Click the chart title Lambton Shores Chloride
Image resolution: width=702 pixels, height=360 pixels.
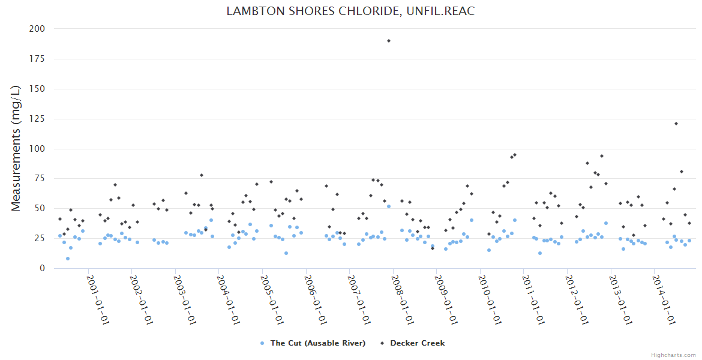pyautogui.click(x=350, y=11)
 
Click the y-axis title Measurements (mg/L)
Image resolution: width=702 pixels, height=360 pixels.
pyautogui.click(x=16, y=148)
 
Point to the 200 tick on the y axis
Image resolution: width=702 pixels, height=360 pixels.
pyautogui.click(x=37, y=29)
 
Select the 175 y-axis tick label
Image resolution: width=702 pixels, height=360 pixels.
pyautogui.click(x=37, y=59)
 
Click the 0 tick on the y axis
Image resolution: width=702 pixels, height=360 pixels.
pyautogui.click(x=41, y=268)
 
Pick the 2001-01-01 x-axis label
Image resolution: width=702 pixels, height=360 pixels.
pyautogui.click(x=97, y=299)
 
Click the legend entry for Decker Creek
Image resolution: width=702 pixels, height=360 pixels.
pyautogui.click(x=417, y=343)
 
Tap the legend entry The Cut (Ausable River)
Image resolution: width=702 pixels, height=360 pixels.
pyautogui.click(x=317, y=343)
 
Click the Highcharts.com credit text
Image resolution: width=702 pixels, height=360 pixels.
pyautogui.click(x=673, y=355)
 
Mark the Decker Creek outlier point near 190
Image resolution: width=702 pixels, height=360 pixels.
pyautogui.click(x=389, y=41)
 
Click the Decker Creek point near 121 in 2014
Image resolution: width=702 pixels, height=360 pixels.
pyautogui.click(x=676, y=124)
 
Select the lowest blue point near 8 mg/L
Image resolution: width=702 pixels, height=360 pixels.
pyautogui.click(x=68, y=259)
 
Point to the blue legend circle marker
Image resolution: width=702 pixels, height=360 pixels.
pyautogui.click(x=262, y=343)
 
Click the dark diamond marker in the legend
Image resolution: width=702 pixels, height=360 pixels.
pyautogui.click(x=382, y=343)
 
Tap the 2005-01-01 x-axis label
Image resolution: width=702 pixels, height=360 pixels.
pyautogui.click(x=271, y=299)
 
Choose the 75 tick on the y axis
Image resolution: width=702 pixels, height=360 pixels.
pyautogui.click(x=39, y=178)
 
